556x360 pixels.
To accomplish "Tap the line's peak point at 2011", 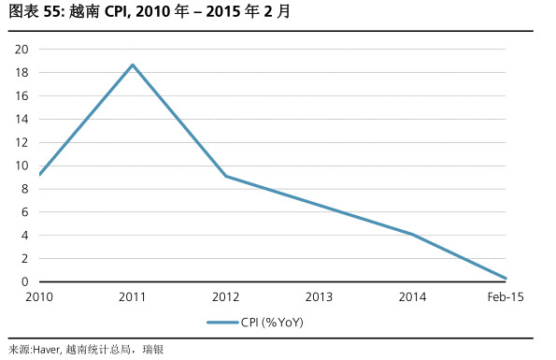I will [133, 65].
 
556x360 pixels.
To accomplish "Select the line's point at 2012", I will [226, 176].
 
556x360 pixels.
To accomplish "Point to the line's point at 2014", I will [412, 234].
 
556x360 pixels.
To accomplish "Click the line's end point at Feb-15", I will [506, 279].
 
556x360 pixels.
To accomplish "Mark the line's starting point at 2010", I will [39, 174].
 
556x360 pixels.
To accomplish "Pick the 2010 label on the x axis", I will [39, 296].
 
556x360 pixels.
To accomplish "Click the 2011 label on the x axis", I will [133, 296].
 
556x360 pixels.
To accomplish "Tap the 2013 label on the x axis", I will [319, 296].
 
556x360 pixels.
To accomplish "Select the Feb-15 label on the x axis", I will [505, 296].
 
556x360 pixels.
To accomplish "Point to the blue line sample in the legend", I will [221, 323].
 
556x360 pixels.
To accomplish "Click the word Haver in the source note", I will [46, 350].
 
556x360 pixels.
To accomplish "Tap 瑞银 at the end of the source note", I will [152, 350].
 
